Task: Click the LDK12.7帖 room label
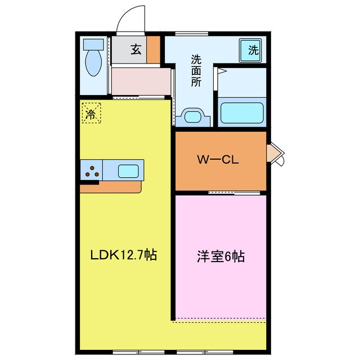pyautogui.click(x=124, y=255)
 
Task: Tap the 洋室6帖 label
pyautogui.click(x=220, y=256)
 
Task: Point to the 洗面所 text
pyautogui.click(x=196, y=70)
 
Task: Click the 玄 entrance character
pyautogui.click(x=136, y=50)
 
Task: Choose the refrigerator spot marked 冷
pyautogui.click(x=91, y=113)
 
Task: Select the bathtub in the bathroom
pyautogui.click(x=242, y=111)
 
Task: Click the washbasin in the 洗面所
pyautogui.click(x=193, y=117)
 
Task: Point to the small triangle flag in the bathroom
pyautogui.click(x=222, y=71)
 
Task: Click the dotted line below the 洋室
pyautogui.click(x=219, y=322)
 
